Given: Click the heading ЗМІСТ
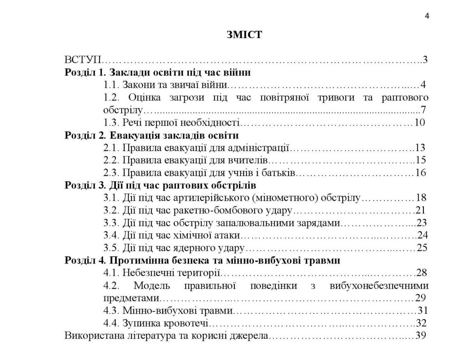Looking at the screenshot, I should pyautogui.click(x=244, y=35).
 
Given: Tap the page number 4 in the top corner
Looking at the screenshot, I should pyautogui.click(x=427, y=16).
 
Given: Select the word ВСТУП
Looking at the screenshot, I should pyautogui.click(x=82, y=60).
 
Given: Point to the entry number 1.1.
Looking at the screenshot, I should pyautogui.click(x=111, y=85).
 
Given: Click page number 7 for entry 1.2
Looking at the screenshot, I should pyautogui.click(x=423, y=110).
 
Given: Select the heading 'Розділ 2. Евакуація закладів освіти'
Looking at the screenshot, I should pyautogui.click(x=152, y=135).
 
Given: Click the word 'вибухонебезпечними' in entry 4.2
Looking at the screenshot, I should pyautogui.click(x=379, y=285).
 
